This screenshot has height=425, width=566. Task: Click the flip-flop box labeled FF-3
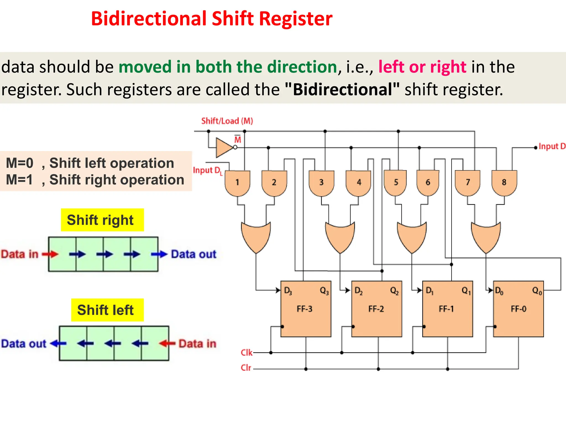pyautogui.click(x=306, y=309)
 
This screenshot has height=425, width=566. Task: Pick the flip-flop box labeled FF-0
pyautogui.click(x=518, y=309)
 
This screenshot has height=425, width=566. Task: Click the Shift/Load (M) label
pyautogui.click(x=227, y=121)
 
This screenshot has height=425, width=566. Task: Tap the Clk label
pyautogui.click(x=246, y=353)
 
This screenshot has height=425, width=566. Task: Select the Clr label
pyautogui.click(x=246, y=368)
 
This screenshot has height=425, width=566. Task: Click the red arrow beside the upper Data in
pyautogui.click(x=50, y=254)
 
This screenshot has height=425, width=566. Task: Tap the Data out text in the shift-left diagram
pyautogui.click(x=24, y=344)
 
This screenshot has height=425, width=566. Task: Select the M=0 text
pyautogui.click(x=20, y=163)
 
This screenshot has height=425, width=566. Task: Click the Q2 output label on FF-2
pyautogui.click(x=394, y=291)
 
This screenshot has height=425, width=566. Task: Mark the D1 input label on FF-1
pyautogui.click(x=429, y=291)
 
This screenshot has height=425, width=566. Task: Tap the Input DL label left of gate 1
pyautogui.click(x=208, y=170)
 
